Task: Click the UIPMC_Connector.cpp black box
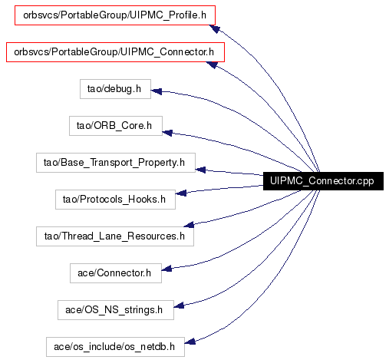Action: coord(323,181)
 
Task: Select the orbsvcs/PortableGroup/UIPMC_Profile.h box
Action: coord(115,15)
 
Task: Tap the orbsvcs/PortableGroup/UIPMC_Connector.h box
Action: coord(115,52)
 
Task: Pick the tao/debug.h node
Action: coord(115,89)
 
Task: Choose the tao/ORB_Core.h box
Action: coord(116,126)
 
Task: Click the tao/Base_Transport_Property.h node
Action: coord(116,163)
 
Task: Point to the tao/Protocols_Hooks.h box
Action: coord(115,200)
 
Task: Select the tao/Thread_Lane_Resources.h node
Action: coord(115,236)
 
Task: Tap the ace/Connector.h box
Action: coord(116,273)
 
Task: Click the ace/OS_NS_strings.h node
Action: coord(116,310)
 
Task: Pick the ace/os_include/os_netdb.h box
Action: coord(115,347)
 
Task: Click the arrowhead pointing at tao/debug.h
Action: coord(156,91)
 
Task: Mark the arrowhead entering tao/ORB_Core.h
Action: coord(167,133)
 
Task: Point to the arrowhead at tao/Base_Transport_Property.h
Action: coord(200,170)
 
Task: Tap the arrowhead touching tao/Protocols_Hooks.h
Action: coord(181,193)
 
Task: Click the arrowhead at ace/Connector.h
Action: coord(166,269)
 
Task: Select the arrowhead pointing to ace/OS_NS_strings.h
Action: coord(179,306)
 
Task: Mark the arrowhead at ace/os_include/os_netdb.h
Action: coord(190,342)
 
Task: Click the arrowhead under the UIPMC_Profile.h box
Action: coord(214,28)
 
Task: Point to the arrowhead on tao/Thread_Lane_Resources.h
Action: coord(189,225)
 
